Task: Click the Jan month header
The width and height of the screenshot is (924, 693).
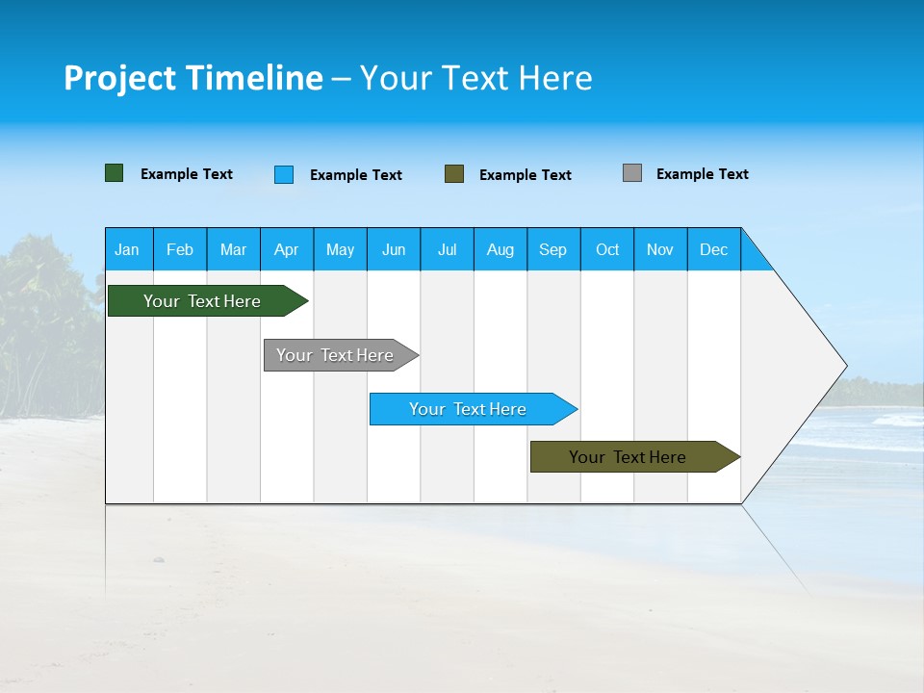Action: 128,249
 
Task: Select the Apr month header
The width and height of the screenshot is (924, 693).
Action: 287,249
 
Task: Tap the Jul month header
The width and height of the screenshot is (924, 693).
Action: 447,249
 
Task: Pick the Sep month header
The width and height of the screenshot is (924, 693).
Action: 553,249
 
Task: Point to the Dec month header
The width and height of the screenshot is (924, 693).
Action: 713,249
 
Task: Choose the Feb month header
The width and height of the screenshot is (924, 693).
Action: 180,249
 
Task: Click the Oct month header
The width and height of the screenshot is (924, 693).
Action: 607,249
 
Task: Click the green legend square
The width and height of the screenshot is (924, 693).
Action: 115,173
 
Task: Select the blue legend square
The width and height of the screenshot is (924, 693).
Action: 284,174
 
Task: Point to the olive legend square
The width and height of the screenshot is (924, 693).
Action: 454,174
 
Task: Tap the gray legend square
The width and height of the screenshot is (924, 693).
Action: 632,173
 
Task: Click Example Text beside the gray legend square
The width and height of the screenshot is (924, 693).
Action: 702,174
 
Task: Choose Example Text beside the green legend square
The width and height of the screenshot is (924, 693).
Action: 187,174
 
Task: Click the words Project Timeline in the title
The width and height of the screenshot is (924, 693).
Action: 193,78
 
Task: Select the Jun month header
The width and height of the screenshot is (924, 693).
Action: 394,249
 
